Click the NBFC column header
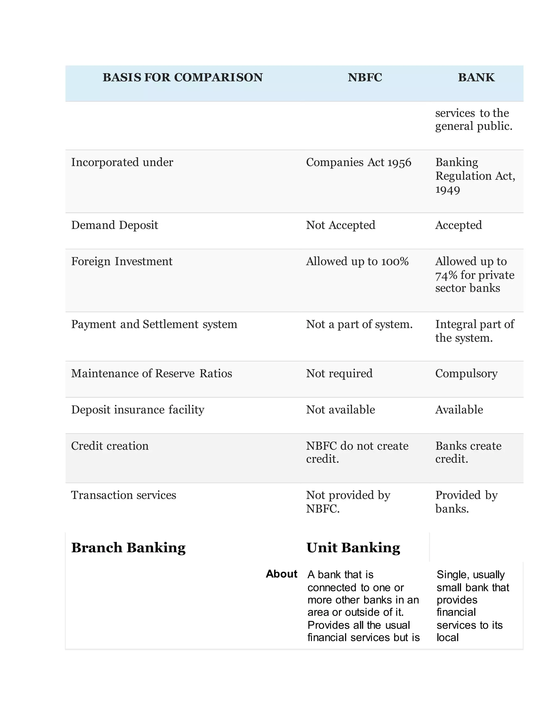pos(365,77)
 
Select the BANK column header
pos(476,77)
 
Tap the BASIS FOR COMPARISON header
pos(182,77)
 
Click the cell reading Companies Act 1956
pos(358,162)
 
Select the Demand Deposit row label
pos(115,225)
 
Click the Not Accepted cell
pos(340,225)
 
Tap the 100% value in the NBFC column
pos(395,261)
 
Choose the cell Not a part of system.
pos(359,324)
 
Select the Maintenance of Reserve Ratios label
pos(151,373)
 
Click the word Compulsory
pos(466,373)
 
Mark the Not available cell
pos(340,410)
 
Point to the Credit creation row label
pos(110,446)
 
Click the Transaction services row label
pos(123,495)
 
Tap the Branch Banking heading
pos(128,548)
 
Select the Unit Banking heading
pos(353,548)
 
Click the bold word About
pos(281,574)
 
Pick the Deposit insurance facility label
pos(138,410)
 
